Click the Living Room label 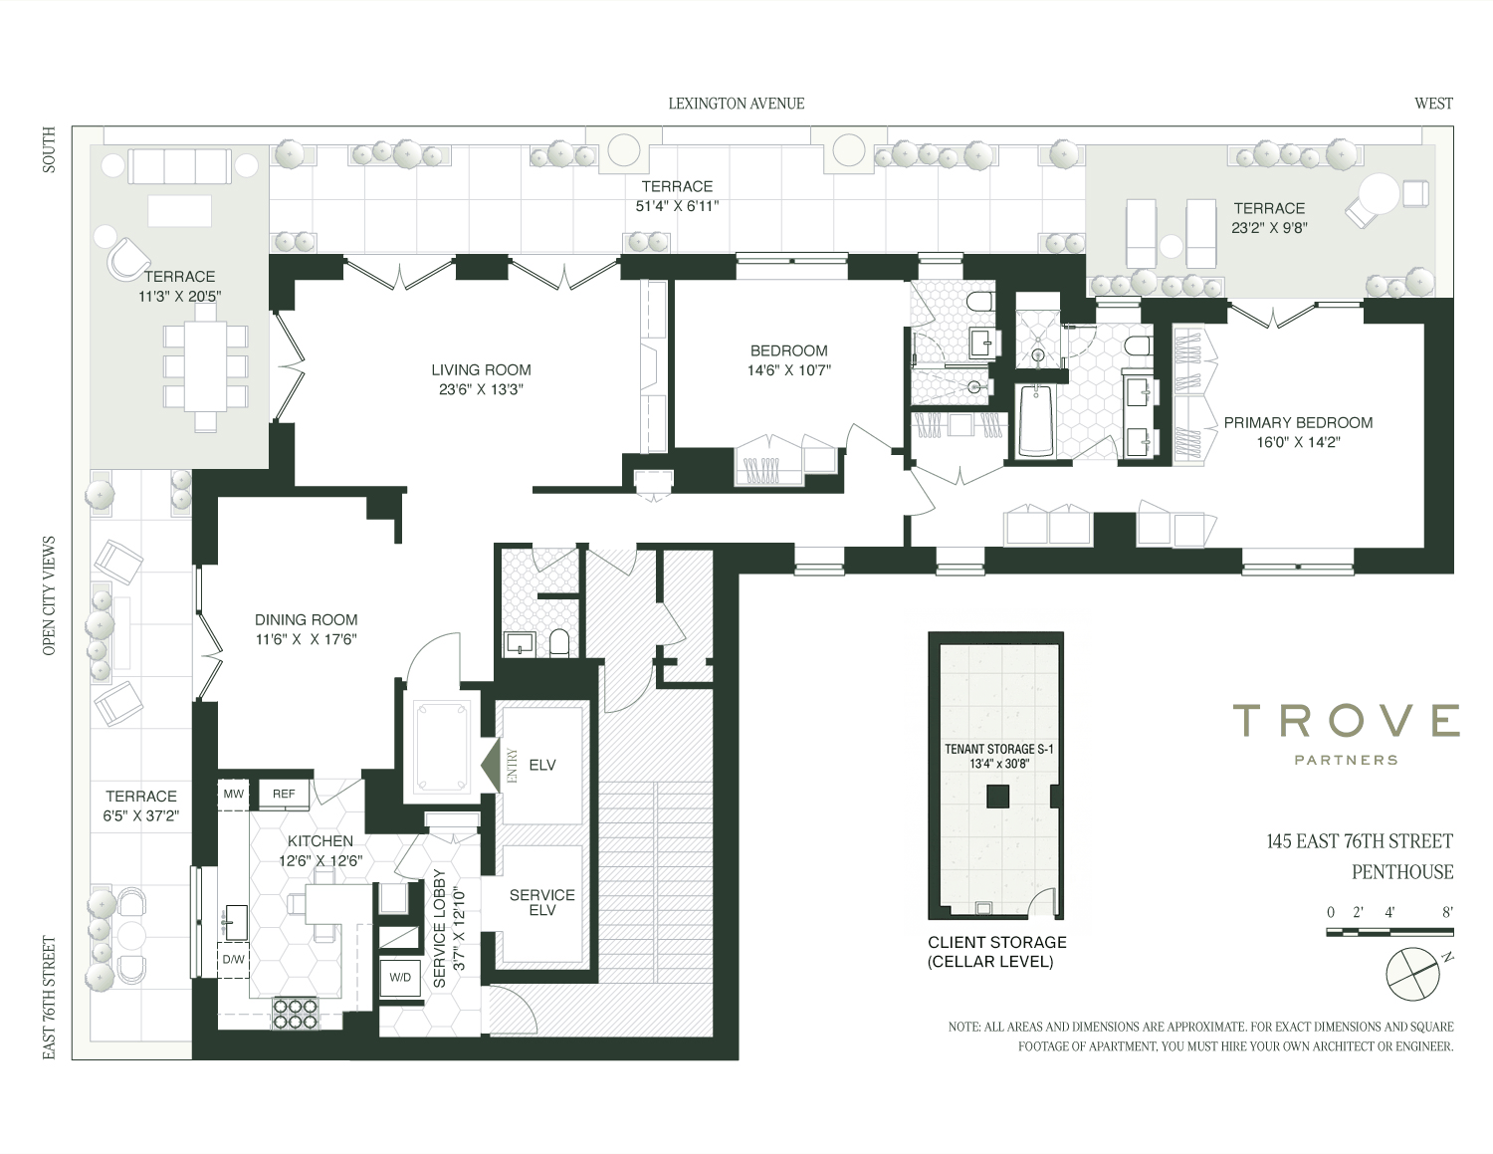pos(481,369)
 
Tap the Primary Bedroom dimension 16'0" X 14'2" pos(1299,443)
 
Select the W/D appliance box pos(400,977)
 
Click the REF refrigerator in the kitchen pos(284,794)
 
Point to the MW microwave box pos(234,794)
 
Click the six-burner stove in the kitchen pos(297,1014)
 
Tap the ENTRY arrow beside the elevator pos(491,765)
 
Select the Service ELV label pos(542,902)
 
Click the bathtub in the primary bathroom pos(1035,420)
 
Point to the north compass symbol pos(1412,973)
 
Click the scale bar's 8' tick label pos(1447,912)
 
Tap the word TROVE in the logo pos(1347,720)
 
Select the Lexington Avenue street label pos(737,104)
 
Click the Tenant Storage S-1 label pos(999,749)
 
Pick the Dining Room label pos(307,620)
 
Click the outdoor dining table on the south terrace pos(205,366)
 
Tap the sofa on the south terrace pos(180,165)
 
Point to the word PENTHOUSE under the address pos(1402,872)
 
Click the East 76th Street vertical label pos(49,998)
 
